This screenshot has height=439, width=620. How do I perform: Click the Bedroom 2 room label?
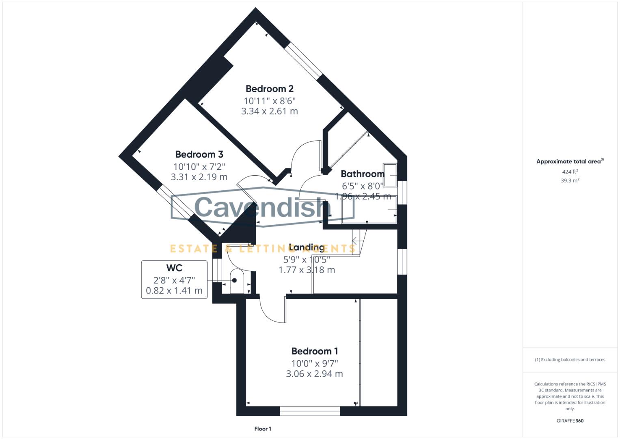(x=270, y=89)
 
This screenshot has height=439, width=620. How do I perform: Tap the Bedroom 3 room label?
(x=199, y=154)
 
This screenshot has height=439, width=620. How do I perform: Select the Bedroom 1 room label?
(x=315, y=351)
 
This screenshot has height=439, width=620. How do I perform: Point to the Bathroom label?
(x=362, y=174)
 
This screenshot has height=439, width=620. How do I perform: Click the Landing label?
(x=307, y=247)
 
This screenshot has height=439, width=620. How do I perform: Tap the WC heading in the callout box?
(x=174, y=268)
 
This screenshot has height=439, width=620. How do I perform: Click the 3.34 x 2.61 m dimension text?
(x=270, y=111)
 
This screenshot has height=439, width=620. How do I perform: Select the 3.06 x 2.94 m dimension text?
(x=315, y=374)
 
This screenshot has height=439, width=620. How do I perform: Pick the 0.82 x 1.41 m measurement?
(x=174, y=291)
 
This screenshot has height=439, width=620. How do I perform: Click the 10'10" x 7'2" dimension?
(x=199, y=166)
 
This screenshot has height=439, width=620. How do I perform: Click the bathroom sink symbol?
(x=390, y=175)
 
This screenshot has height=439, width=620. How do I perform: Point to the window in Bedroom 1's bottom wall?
(x=310, y=411)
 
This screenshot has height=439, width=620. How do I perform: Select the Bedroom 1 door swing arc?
(x=270, y=311)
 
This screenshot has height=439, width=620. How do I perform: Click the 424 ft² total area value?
(x=570, y=172)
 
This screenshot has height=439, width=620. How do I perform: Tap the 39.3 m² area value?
(x=570, y=180)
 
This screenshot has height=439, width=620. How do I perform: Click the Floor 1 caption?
(x=263, y=429)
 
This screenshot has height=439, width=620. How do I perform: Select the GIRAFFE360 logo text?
(x=570, y=421)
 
